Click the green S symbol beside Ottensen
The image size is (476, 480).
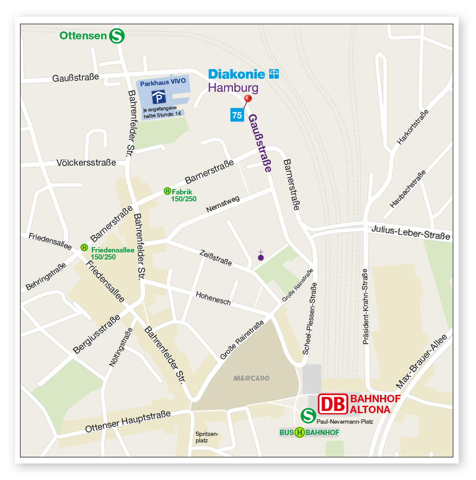tap(117, 36)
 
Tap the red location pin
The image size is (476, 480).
tap(249, 99)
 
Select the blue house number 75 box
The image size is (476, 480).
tap(237, 115)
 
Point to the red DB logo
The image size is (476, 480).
tap(332, 404)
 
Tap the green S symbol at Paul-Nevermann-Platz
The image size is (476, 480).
tap(308, 415)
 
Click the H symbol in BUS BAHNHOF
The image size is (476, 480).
tap(299, 433)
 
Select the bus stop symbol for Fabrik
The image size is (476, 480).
tap(167, 191)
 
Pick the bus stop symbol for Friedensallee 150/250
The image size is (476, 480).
tap(85, 247)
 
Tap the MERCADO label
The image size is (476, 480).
tap(251, 378)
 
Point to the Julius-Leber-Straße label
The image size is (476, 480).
tap(411, 232)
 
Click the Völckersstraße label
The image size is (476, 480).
tap(86, 163)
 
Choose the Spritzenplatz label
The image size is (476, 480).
tap(207, 437)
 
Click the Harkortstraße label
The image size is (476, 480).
tap(412, 127)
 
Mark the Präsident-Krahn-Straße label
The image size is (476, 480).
tap(366, 306)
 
